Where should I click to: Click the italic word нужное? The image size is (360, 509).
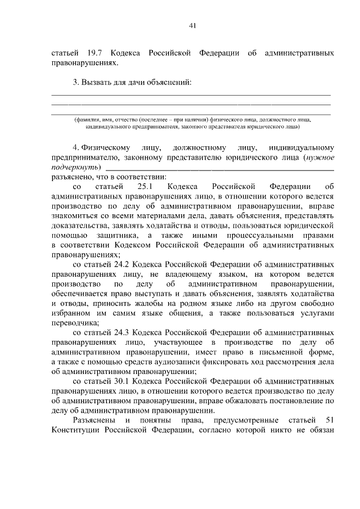coord(321,157)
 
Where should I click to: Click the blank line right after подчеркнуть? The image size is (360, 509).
coord(219,168)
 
